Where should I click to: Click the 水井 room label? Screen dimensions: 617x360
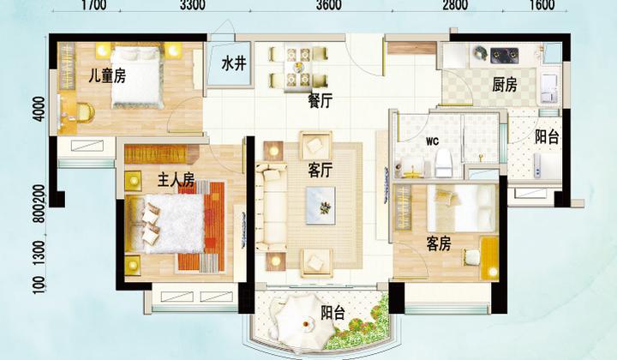point(234,63)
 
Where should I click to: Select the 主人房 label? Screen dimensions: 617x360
point(176,180)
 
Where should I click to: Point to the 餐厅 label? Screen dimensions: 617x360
point(320,101)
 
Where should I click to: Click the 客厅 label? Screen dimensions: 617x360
point(320,171)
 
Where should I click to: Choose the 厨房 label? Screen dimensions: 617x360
point(505,86)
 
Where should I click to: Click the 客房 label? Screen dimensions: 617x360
point(439,244)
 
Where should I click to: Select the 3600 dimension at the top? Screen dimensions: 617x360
point(328,5)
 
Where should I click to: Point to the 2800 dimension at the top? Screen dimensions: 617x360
point(454,5)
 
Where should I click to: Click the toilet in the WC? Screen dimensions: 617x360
point(445,163)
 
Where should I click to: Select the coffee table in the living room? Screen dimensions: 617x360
point(320,206)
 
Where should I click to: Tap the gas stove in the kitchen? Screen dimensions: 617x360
point(505,55)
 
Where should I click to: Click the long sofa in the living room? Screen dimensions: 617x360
point(271,207)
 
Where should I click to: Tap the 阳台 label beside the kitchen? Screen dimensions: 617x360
point(547,137)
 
